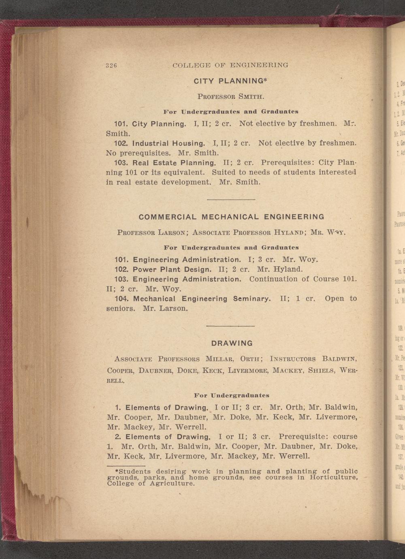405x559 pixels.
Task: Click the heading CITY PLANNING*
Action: tap(231, 81)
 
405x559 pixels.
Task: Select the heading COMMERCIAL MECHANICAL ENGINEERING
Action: tap(231, 217)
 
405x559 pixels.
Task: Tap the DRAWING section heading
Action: tap(232, 344)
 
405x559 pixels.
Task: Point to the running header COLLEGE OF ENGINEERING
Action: tap(230, 65)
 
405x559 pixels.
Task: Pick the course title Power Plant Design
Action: tap(172, 269)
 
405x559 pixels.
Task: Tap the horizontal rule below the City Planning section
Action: tap(231, 200)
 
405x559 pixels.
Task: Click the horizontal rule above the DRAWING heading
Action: tap(230, 326)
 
